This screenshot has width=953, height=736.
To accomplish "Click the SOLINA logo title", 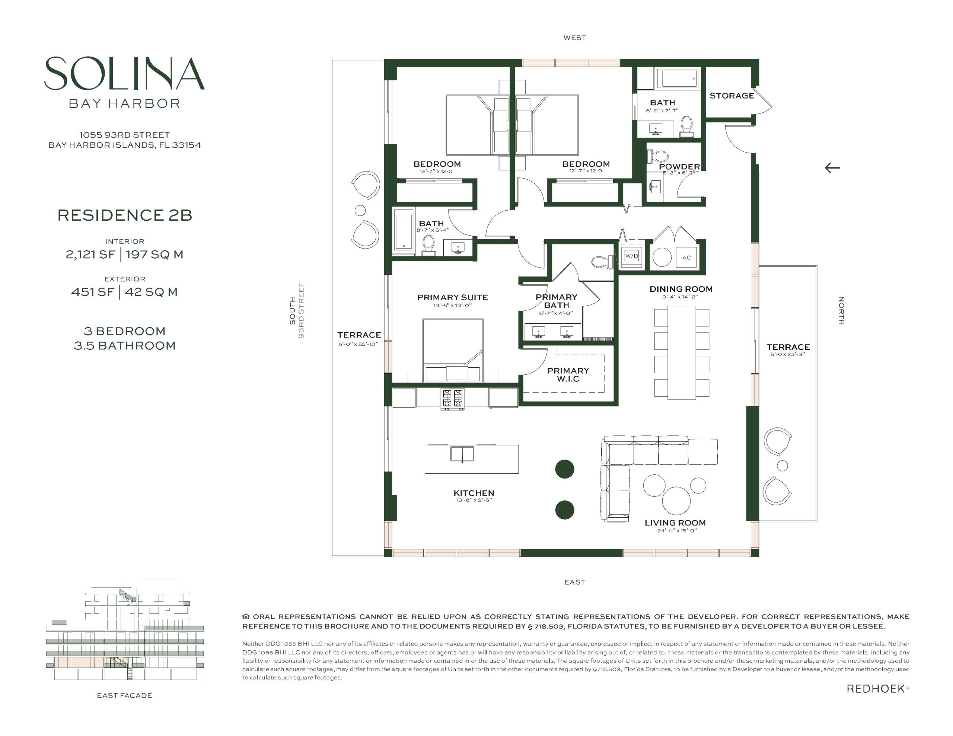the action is point(124,73).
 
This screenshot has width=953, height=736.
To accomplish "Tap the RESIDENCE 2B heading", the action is point(125,215).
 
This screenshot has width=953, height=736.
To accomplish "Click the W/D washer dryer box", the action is point(631,256).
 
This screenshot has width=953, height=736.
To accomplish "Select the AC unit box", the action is point(686,257).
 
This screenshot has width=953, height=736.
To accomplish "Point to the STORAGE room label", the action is point(732,96).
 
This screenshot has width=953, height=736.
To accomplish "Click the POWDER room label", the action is point(679,167).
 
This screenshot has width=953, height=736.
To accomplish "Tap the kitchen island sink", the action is point(462,454).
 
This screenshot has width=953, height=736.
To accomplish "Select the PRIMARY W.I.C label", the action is point(568,375).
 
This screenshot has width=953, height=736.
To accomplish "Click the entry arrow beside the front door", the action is point(832,167).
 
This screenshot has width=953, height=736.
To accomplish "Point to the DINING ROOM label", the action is point(681,289).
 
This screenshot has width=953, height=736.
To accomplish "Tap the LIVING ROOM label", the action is point(675,523).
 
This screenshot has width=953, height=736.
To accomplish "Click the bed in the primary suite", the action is point(453,351).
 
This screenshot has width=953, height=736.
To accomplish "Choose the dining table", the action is point(682,352).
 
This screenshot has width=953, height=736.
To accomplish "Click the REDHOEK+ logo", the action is point(878,689).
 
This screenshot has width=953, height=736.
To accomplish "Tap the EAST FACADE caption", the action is point(124,695).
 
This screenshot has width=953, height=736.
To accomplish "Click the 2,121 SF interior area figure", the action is point(90,255).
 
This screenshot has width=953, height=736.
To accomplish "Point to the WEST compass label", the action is point(575,38).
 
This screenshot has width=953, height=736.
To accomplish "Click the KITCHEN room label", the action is point(474,493).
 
